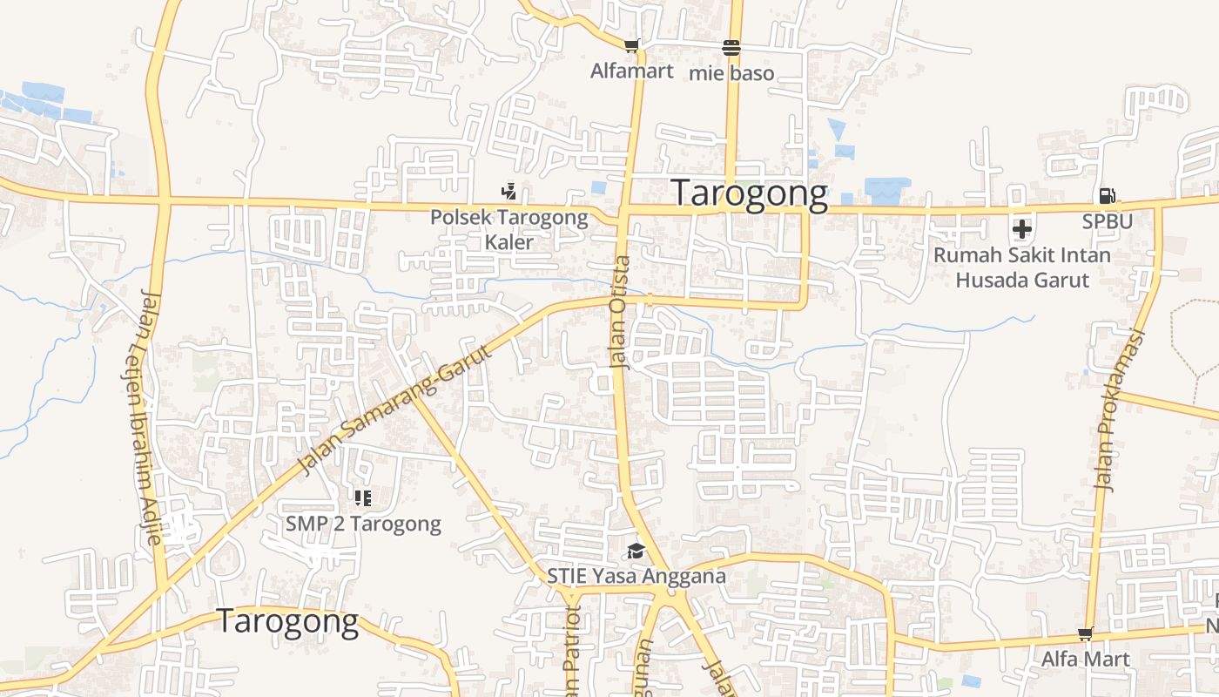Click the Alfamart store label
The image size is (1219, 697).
(631, 71)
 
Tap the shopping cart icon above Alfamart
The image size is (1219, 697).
(631, 45)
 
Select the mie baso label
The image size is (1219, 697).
(731, 73)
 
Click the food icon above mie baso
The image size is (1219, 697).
(731, 47)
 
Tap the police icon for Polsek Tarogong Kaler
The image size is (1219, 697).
(508, 191)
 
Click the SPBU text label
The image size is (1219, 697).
(1107, 221)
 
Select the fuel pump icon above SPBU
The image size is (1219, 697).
(1107, 196)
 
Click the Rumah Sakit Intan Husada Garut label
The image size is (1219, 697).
(1022, 267)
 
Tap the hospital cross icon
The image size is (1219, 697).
(1022, 229)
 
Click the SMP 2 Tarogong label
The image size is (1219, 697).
(363, 524)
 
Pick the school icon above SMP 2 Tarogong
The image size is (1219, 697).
(362, 498)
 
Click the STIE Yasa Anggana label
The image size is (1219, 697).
(636, 576)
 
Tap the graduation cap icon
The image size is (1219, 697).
(636, 551)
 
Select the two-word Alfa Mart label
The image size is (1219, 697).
(1085, 659)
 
